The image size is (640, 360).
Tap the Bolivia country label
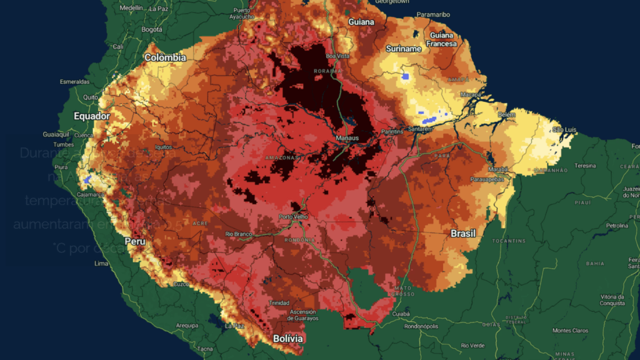pyautogui.click(x=288, y=339)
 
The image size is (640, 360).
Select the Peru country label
pyautogui.click(x=135, y=241)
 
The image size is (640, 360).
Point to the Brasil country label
pyautogui.click(x=463, y=233)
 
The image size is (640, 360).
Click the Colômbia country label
pyautogui.click(x=165, y=57)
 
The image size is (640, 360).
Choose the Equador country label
pyautogui.click(x=92, y=116)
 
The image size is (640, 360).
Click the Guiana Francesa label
pyautogui.click(x=442, y=39)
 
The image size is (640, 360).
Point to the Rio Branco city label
pyautogui.click(x=238, y=234)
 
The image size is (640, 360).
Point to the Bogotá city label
pyautogui.click(x=152, y=29)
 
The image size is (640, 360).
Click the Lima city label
pyautogui.click(x=101, y=263)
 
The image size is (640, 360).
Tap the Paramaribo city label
pyautogui.click(x=416, y=14)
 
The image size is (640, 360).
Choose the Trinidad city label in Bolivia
pyautogui.click(x=279, y=302)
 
